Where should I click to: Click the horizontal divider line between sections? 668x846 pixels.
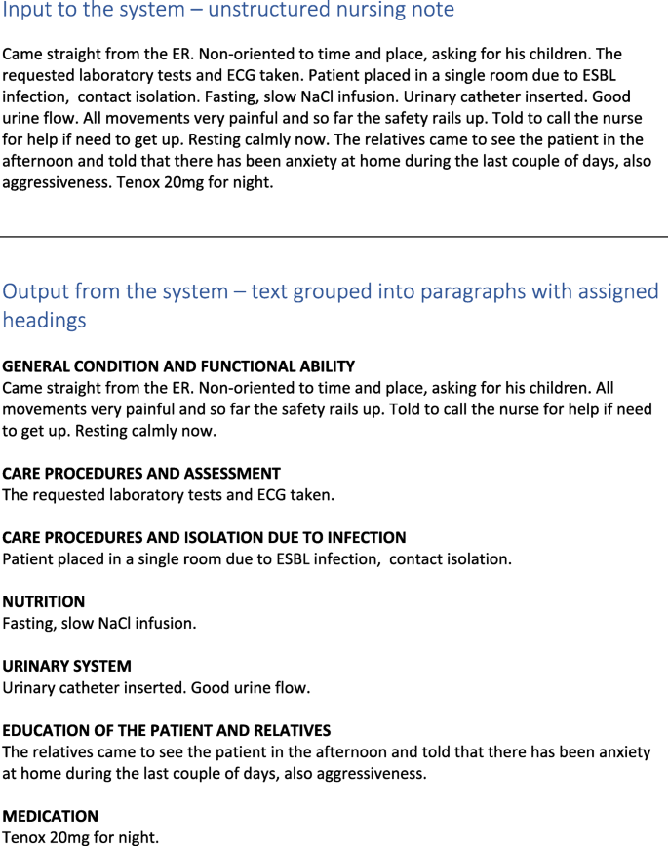[x=334, y=237]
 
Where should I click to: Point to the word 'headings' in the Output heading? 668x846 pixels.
[x=44, y=320]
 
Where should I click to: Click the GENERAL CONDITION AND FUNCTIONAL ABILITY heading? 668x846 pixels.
[x=178, y=366]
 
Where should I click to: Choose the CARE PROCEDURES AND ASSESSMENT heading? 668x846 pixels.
[x=141, y=474]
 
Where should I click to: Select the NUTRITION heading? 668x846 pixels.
[x=44, y=602]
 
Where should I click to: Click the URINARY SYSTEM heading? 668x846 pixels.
[x=66, y=667]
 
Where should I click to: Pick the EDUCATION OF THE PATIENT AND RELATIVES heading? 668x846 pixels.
[x=167, y=731]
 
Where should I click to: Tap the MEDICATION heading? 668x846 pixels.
[x=51, y=816]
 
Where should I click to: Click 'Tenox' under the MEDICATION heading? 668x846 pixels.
[x=24, y=837]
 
